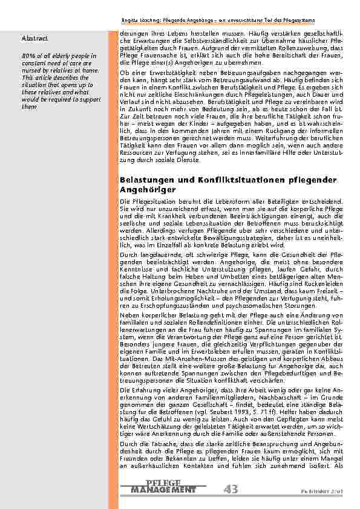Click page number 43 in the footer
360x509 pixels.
pyautogui.click(x=231, y=488)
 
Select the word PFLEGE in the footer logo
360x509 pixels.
pyautogui.click(x=163, y=482)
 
